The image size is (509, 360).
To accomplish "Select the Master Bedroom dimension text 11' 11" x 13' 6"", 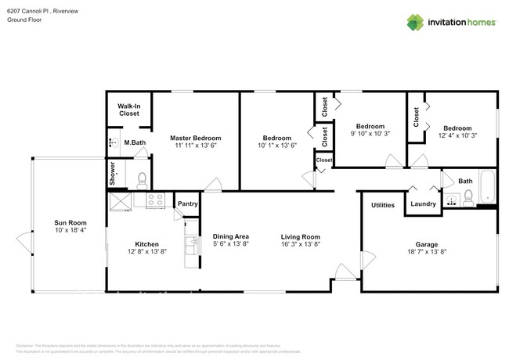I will click(196, 146).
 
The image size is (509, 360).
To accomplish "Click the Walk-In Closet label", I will click(129, 110).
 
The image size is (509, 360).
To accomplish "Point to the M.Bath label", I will click(135, 142).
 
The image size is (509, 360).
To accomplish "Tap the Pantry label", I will click(188, 204).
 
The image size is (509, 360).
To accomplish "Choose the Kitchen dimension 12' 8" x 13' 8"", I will click(147, 252).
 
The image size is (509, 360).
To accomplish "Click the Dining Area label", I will click(231, 236).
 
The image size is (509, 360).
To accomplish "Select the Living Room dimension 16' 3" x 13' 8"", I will click(301, 245).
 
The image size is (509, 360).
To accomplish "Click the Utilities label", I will click(383, 205).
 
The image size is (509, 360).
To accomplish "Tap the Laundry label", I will click(423, 205).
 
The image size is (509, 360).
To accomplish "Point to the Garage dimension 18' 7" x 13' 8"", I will click(427, 252).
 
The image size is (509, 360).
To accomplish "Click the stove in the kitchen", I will click(155, 199).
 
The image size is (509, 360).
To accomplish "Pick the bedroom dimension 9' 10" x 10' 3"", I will click(370, 135).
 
